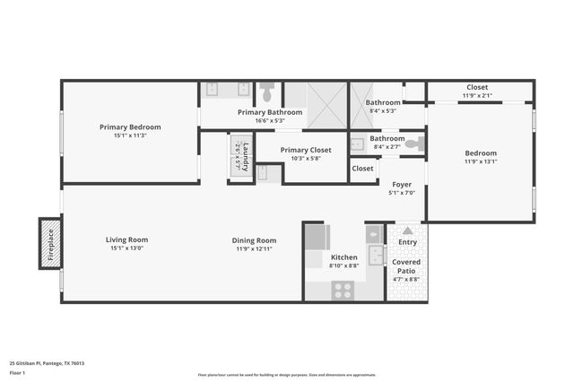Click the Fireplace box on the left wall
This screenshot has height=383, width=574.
coord(50,242)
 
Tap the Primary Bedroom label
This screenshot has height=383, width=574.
coord(130,127)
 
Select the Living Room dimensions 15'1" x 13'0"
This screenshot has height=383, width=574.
coord(126,249)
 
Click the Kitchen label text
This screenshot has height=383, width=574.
coord(344,257)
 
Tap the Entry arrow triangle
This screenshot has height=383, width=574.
coord(407,231)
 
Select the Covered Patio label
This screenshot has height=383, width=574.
coord(407,265)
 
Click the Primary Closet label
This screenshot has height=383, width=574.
coord(306,150)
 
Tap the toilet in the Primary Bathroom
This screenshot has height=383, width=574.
coord(266,92)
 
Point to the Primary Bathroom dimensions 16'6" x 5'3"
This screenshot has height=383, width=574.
coord(270,120)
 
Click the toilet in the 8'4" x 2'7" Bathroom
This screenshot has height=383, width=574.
coord(413,143)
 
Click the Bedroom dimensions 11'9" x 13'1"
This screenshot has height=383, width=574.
coord(480,161)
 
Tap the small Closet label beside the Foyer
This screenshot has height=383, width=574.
coord(362,168)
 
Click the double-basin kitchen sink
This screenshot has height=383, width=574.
coord(377,256)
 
